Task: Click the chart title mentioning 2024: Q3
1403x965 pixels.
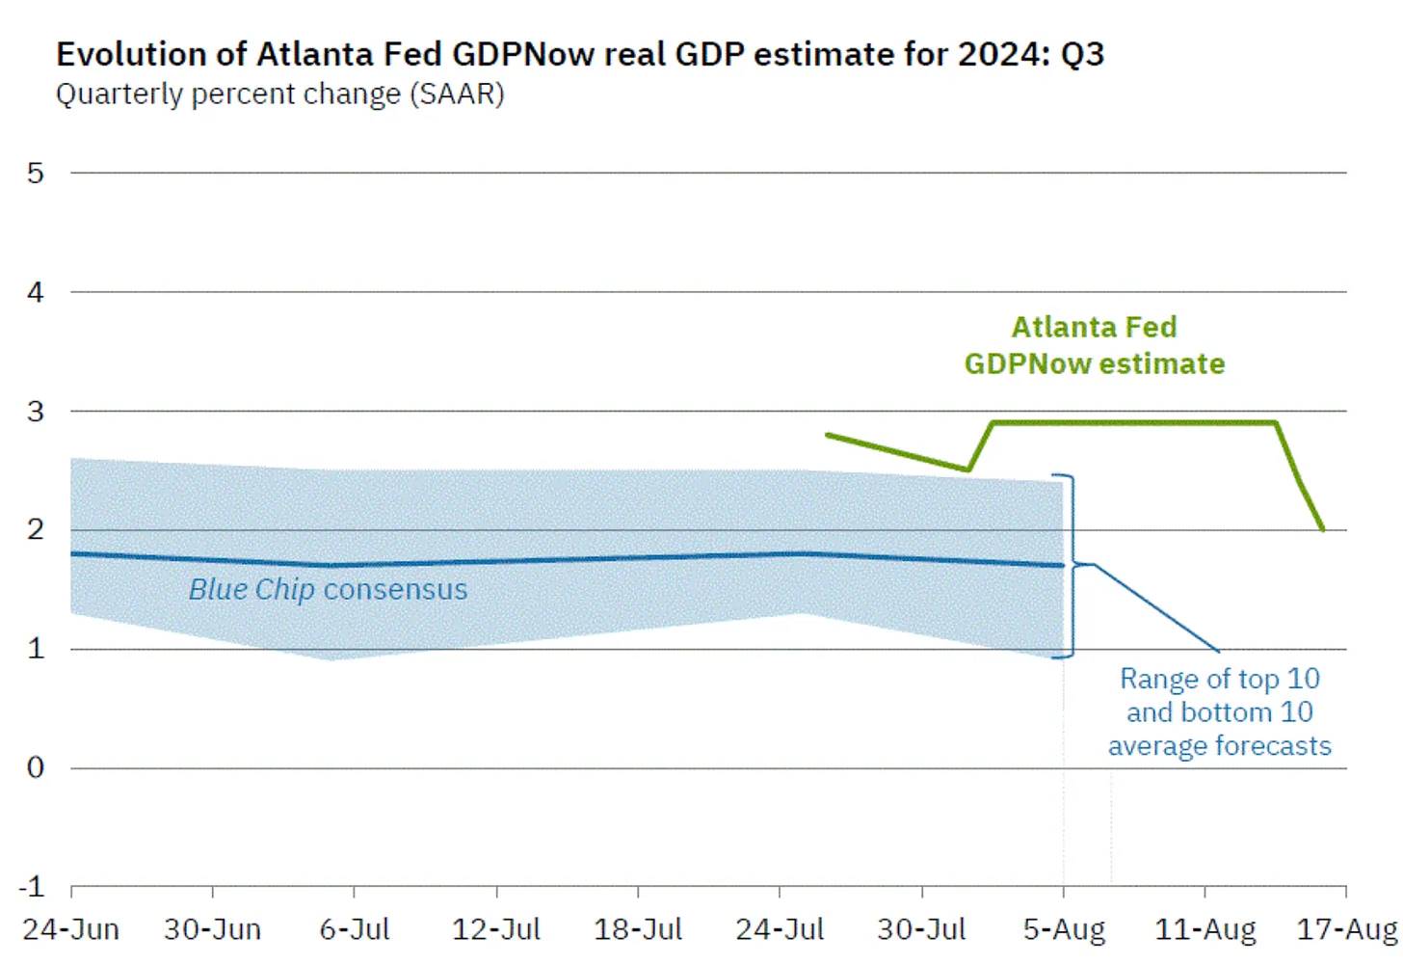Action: [579, 54]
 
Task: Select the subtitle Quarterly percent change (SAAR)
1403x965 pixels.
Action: [279, 94]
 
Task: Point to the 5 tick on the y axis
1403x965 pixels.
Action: [36, 174]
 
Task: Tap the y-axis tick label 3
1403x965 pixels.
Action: [36, 412]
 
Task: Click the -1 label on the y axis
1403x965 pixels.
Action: [32, 887]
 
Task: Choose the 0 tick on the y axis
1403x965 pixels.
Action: [36, 768]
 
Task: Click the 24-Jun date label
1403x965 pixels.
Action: [71, 929]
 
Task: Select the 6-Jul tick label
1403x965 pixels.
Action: [355, 929]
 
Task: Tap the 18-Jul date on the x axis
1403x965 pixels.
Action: [638, 929]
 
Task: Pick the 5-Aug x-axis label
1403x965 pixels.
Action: [1064, 929]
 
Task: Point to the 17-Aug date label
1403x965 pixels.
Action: [1346, 929]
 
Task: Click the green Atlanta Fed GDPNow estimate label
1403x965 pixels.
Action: [1095, 345]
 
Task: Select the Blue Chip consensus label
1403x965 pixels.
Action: [328, 589]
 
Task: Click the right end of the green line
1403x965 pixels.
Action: [1323, 529]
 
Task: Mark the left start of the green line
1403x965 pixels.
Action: [828, 435]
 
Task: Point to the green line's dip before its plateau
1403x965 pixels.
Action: [967, 469]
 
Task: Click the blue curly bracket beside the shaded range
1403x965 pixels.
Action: [1070, 566]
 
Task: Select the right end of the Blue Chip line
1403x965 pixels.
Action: [1062, 566]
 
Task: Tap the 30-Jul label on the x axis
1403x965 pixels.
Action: [921, 929]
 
